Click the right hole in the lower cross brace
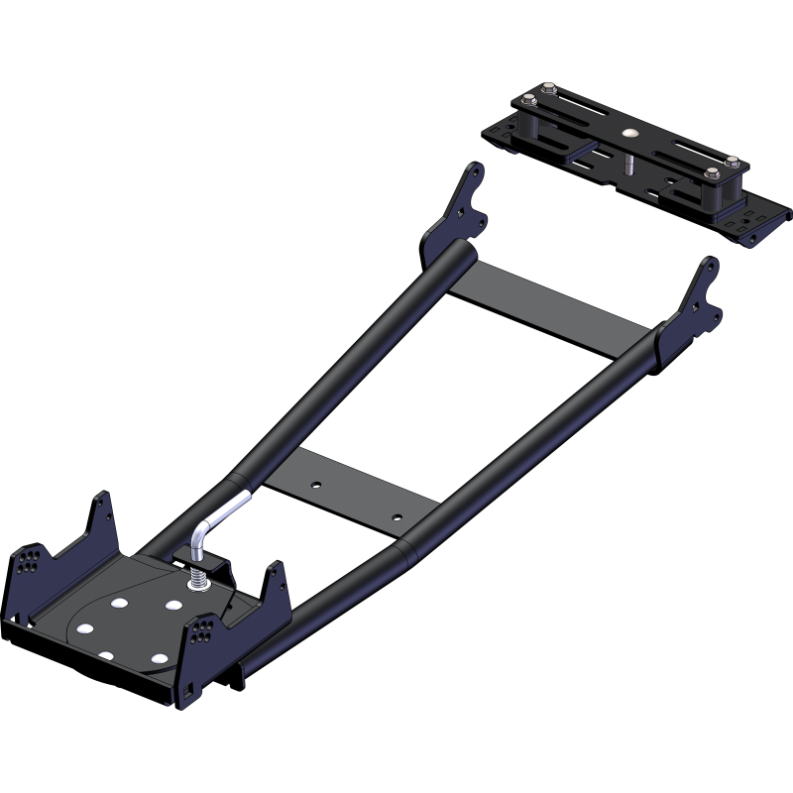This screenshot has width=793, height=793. point(396,516)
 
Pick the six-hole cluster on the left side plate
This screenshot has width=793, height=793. point(29,561)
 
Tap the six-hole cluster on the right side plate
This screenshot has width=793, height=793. point(207,628)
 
